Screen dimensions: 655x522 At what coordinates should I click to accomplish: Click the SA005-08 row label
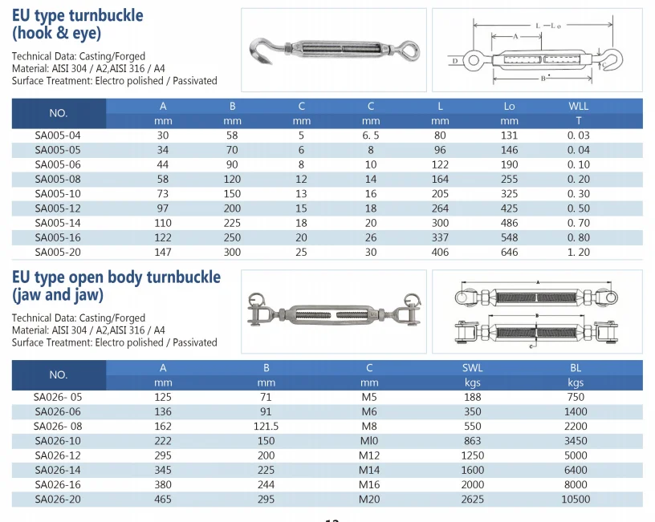(58, 179)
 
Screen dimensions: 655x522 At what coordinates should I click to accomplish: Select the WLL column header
(579, 106)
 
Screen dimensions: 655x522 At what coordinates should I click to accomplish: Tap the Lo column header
(509, 106)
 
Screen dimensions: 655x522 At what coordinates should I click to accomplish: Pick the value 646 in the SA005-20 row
(509, 252)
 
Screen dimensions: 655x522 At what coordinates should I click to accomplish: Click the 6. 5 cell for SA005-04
(371, 136)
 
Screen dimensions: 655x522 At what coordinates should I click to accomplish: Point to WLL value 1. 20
(579, 252)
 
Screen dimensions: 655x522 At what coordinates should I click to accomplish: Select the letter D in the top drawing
(455, 61)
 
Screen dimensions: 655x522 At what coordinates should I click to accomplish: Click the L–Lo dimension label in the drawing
(548, 26)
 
